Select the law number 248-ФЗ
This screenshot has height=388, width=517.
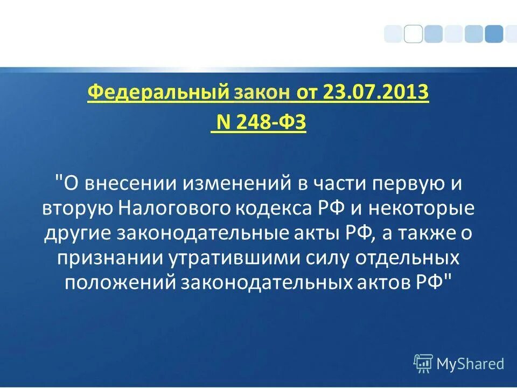pos(269,123)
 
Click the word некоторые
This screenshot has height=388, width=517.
pos(428,209)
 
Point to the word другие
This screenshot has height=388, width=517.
pos(79,233)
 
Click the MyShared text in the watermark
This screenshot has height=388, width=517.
pos(470,364)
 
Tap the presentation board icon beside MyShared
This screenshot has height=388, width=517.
pos(423,364)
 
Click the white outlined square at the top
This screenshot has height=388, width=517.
pos(413,34)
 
